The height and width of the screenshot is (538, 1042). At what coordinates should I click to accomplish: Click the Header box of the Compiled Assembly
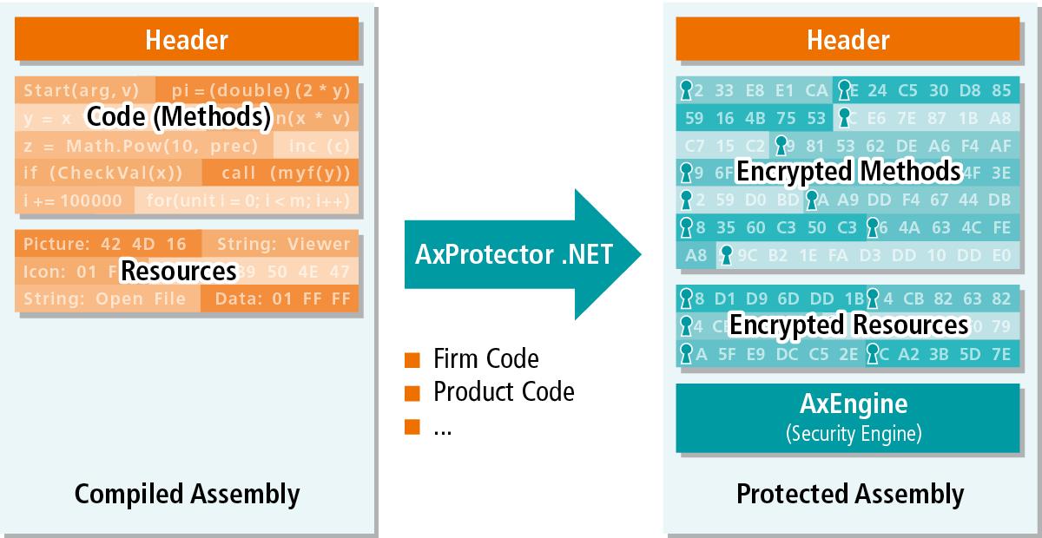pyautogui.click(x=186, y=39)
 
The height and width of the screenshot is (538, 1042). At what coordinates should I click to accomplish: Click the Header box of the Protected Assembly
pyautogui.click(x=847, y=39)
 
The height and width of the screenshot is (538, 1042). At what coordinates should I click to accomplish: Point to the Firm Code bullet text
pyautogui.click(x=485, y=358)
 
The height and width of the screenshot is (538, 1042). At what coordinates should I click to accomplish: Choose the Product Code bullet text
pyautogui.click(x=503, y=391)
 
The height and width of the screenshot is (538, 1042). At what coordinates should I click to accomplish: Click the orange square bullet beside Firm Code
pyautogui.click(x=412, y=359)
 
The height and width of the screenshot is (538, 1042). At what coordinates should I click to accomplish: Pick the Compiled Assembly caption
pyautogui.click(x=187, y=494)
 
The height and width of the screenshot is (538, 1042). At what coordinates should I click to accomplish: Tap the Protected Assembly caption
pyautogui.click(x=849, y=494)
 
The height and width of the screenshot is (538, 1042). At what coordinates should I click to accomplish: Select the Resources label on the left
pyautogui.click(x=178, y=271)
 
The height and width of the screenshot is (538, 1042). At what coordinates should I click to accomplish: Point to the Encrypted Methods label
pyautogui.click(x=848, y=171)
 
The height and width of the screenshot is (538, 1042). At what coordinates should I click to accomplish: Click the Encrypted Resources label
pyautogui.click(x=848, y=325)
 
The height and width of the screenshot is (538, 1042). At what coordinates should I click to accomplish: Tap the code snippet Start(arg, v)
pyautogui.click(x=81, y=90)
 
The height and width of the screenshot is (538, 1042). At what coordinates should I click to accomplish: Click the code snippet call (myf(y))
pyautogui.click(x=279, y=173)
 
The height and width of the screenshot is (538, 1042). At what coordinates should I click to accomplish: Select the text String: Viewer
pyautogui.click(x=283, y=244)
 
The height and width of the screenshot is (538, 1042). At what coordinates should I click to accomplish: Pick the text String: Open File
pyautogui.click(x=104, y=299)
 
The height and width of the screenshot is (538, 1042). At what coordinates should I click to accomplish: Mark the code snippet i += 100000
pyautogui.click(x=73, y=200)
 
